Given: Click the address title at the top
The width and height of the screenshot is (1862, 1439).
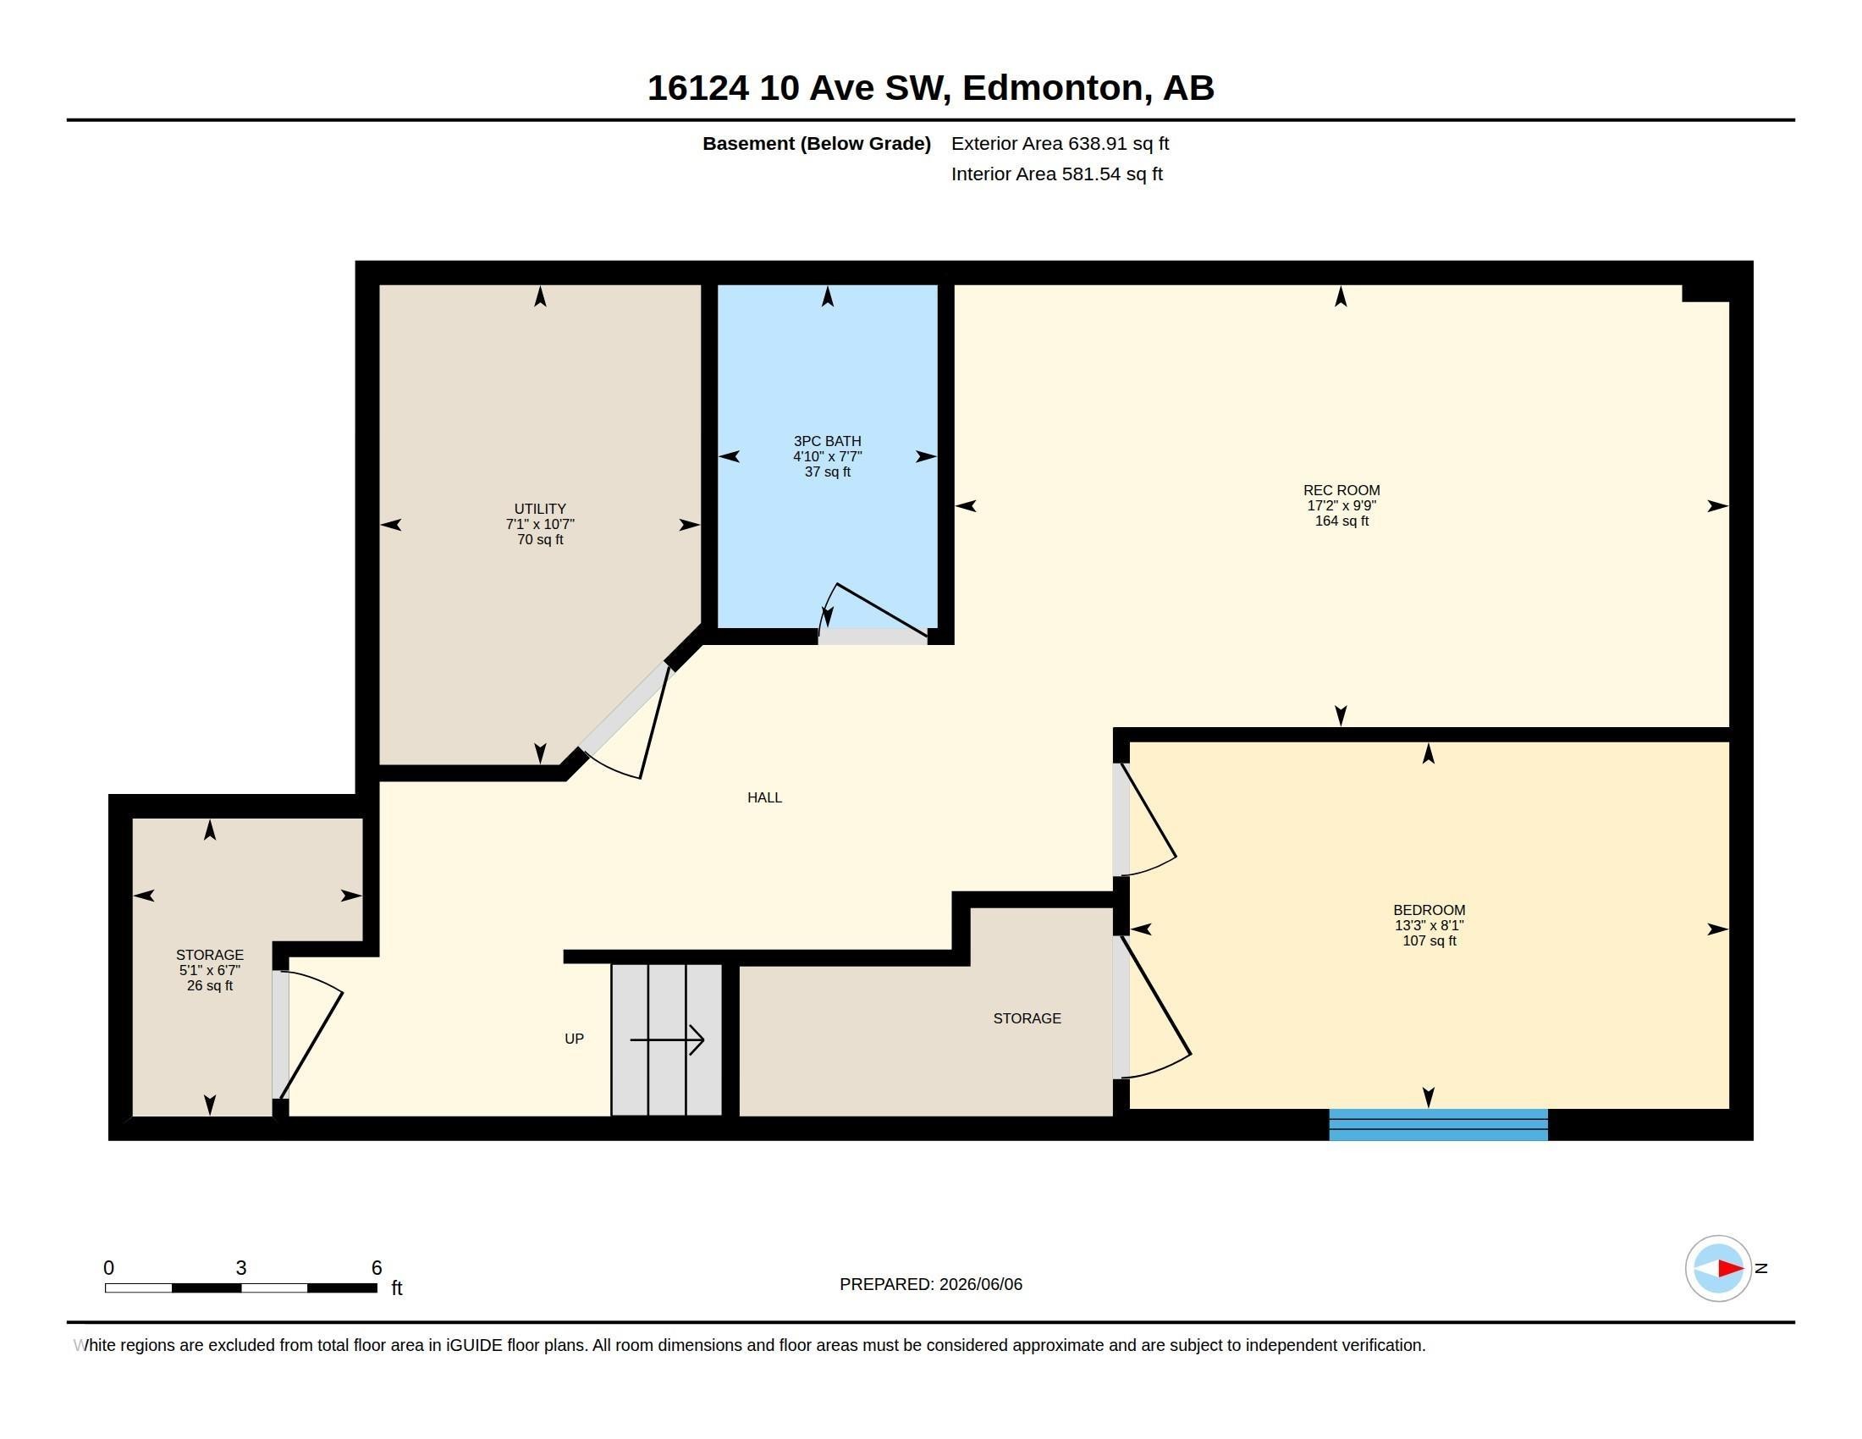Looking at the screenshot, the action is coord(930,88).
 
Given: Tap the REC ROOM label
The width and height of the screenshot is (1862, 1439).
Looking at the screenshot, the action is coord(1341,490).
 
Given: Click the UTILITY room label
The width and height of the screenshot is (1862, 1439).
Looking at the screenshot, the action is coord(540,509).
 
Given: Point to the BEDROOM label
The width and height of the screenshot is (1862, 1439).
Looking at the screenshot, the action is coord(1429,911).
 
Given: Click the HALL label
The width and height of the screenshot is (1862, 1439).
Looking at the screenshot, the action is coord(764,798).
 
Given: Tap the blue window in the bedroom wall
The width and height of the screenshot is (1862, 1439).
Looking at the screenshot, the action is coord(1438,1124).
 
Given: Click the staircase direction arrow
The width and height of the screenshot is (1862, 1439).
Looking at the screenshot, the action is coord(667,1040).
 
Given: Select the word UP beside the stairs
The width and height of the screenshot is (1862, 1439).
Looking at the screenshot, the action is coord(574,1039).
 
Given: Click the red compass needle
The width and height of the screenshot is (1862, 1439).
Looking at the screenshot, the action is coord(1731,1269).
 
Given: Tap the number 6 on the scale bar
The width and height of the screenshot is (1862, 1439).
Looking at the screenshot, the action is coord(377,1268).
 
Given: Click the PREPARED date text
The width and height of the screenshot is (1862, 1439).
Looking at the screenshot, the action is coord(931,1284).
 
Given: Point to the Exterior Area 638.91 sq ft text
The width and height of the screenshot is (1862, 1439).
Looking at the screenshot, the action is coord(1060,144).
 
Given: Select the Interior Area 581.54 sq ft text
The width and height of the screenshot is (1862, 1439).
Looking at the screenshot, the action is coord(1056,174).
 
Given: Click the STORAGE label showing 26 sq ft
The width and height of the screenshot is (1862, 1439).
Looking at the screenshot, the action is coord(210,970).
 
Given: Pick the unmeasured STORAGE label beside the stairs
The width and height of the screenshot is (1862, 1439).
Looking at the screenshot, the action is coord(1027,1018).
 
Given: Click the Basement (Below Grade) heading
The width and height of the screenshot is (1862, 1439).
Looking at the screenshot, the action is coord(816,144).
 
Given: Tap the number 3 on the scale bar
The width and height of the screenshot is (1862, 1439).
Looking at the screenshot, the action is coord(241,1268).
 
